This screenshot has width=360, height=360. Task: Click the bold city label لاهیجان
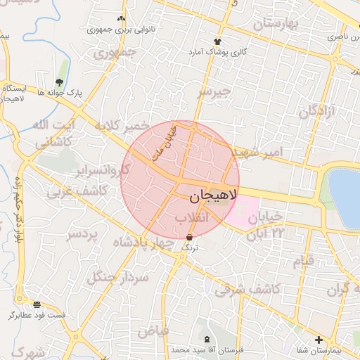pos(213,198)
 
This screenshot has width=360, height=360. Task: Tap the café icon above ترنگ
pos(190,238)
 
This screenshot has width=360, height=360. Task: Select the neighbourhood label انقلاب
pos(192,219)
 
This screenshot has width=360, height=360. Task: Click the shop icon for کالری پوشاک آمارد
pos(217,41)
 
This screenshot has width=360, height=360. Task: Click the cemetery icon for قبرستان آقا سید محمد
pos(205,340)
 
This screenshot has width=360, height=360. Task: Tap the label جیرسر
pos(214,92)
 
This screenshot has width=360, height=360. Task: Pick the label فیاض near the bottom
pos(153,329)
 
